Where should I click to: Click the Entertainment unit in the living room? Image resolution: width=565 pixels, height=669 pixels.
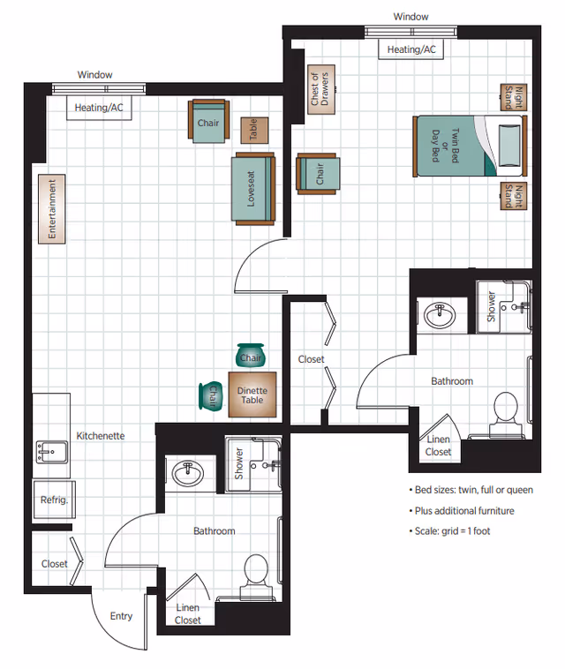pyautogui.click(x=52, y=209)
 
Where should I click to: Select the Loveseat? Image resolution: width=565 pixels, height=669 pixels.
pyautogui.click(x=253, y=189)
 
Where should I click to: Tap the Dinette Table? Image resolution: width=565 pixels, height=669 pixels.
pyautogui.click(x=253, y=395)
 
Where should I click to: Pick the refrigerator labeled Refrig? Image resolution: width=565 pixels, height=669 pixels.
pyautogui.click(x=54, y=500)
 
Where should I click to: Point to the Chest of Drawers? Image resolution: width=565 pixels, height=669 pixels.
pyautogui.click(x=319, y=89)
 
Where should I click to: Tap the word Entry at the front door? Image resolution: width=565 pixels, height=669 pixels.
pyautogui.click(x=121, y=616)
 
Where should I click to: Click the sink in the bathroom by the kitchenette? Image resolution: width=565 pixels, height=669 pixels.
pyautogui.click(x=189, y=474)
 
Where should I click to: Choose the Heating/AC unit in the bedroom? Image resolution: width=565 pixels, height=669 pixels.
pyautogui.click(x=411, y=49)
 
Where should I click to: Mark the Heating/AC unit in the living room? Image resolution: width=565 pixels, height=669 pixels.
pyautogui.click(x=98, y=107)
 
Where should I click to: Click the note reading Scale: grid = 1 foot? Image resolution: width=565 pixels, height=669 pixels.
pyautogui.click(x=462, y=531)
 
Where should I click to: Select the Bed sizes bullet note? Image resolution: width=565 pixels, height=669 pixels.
pyautogui.click(x=471, y=490)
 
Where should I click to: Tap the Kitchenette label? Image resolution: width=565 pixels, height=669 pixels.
pyautogui.click(x=100, y=436)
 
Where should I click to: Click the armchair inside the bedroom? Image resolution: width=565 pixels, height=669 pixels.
pyautogui.click(x=317, y=174)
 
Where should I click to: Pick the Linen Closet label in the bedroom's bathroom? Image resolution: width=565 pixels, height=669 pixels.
pyautogui.click(x=438, y=446)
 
